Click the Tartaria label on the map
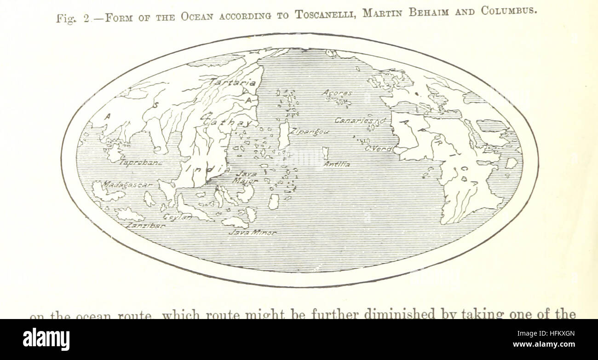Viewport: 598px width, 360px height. point(233,83)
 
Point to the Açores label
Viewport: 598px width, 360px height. point(337,93)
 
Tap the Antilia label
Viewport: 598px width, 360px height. point(336,164)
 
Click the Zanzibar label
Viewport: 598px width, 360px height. point(146,226)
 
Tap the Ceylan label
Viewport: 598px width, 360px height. point(178,217)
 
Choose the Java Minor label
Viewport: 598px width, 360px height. point(253,233)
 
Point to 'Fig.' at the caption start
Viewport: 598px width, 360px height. point(65,19)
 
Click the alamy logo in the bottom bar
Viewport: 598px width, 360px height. point(46,339)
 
